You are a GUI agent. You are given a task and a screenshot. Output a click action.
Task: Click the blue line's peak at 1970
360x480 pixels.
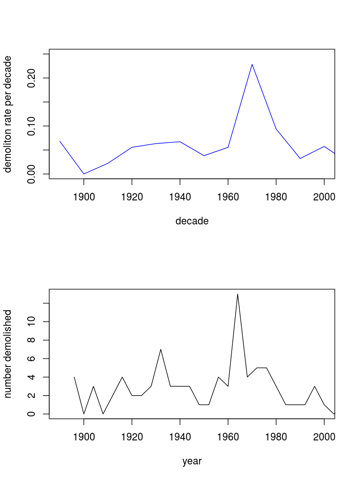[252, 64]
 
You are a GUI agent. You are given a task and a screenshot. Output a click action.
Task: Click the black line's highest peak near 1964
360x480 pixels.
[238, 294]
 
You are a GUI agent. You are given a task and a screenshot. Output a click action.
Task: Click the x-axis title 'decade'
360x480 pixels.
[192, 221]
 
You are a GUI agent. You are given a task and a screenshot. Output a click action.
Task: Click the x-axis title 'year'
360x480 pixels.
[192, 461]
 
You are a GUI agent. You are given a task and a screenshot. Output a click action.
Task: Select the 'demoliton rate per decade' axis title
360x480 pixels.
[8, 114]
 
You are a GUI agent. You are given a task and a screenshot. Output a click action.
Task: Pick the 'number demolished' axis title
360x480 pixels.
[8, 354]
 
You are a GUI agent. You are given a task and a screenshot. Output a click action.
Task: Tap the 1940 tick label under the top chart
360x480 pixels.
[180, 197]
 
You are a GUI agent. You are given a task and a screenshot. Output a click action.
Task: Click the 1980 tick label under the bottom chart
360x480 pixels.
[276, 437]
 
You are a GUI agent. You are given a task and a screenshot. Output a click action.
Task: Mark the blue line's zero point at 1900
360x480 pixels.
[84, 174]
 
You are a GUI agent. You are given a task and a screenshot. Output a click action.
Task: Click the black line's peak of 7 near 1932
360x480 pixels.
[161, 349]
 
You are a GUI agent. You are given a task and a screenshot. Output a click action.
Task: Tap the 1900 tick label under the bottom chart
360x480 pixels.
[84, 437]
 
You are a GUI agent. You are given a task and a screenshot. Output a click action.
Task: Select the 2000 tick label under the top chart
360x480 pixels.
[324, 197]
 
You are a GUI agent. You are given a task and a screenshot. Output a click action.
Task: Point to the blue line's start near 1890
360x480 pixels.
[60, 141]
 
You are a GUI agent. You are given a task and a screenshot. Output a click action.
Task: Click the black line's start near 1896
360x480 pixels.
[74, 377]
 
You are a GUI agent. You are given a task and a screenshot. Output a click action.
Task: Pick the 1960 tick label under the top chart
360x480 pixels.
[228, 197]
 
